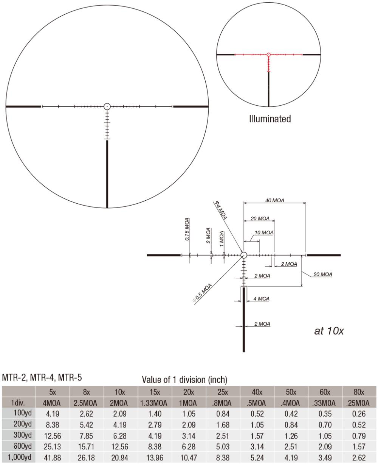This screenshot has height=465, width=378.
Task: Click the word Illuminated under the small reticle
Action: (x=270, y=119)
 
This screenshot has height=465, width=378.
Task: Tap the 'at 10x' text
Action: (x=329, y=331)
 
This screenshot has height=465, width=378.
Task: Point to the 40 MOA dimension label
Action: (x=274, y=200)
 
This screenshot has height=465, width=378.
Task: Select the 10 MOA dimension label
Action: (x=265, y=232)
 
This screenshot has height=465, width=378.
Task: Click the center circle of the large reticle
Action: (x=107, y=107)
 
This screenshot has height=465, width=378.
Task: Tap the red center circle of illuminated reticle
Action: (x=269, y=55)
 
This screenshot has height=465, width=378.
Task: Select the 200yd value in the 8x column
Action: (x=87, y=422)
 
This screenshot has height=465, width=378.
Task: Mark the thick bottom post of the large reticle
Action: (x=107, y=174)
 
